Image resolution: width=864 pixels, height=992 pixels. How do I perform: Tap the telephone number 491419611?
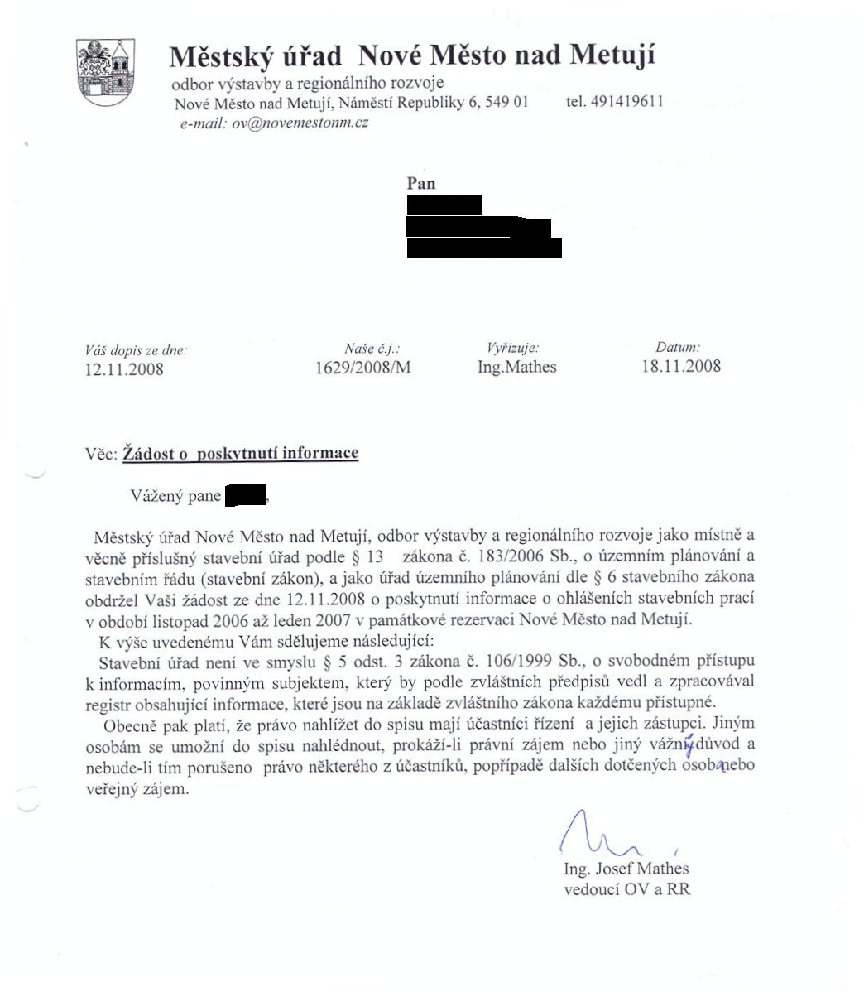(615, 102)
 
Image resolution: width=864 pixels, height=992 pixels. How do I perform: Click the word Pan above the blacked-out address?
(421, 183)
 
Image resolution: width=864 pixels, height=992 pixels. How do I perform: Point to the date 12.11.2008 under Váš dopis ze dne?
(124, 369)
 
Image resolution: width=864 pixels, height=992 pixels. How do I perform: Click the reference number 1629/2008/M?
(363, 367)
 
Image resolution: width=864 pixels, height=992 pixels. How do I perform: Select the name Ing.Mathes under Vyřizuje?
(517, 366)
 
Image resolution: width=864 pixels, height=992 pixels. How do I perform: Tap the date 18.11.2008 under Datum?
(681, 366)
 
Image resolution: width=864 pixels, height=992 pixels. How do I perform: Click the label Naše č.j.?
(377, 349)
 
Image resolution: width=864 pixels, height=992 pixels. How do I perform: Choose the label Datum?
(678, 348)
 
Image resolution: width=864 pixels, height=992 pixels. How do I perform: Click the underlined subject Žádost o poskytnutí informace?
(240, 453)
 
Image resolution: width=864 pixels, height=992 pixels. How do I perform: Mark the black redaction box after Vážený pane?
(245, 495)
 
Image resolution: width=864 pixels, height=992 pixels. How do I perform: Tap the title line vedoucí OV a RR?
(626, 890)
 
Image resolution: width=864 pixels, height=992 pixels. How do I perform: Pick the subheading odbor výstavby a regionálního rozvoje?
(307, 83)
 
